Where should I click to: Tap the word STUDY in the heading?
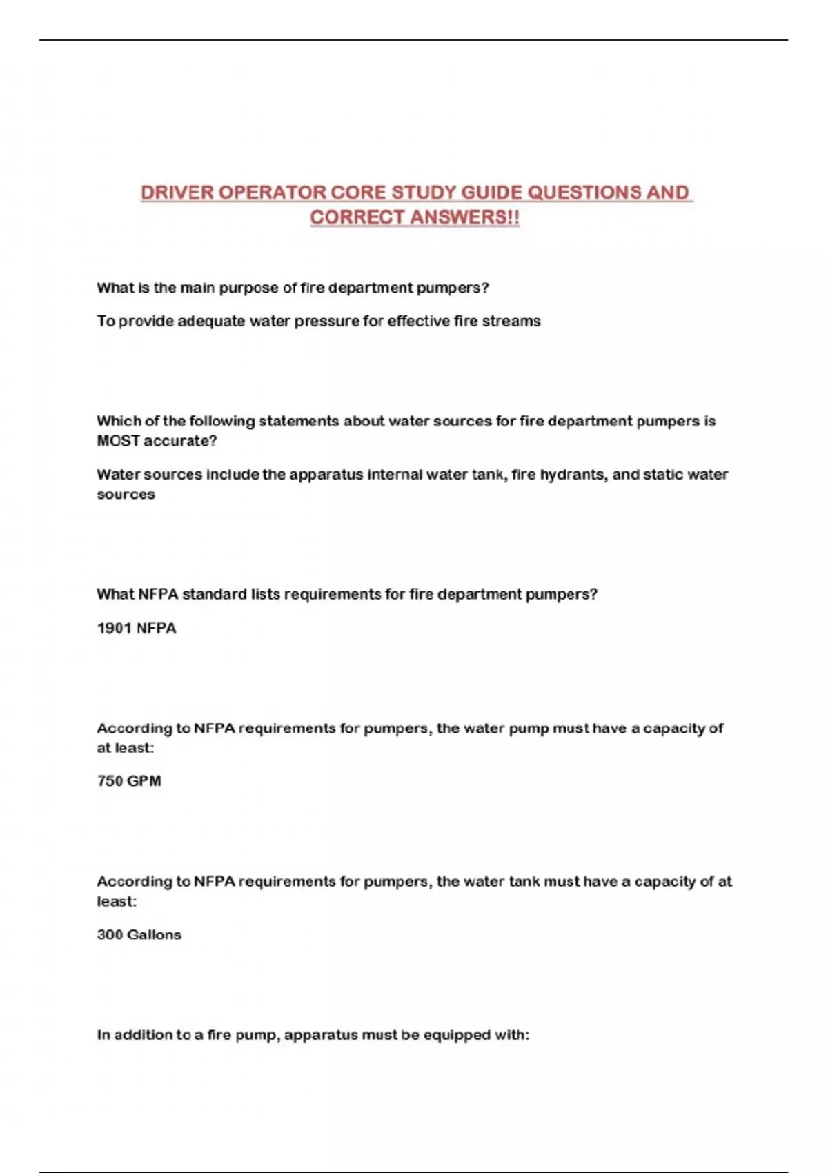click(x=422, y=193)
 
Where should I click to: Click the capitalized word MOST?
click(x=118, y=441)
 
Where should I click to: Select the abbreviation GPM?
click(x=144, y=781)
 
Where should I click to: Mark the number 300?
click(x=110, y=935)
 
